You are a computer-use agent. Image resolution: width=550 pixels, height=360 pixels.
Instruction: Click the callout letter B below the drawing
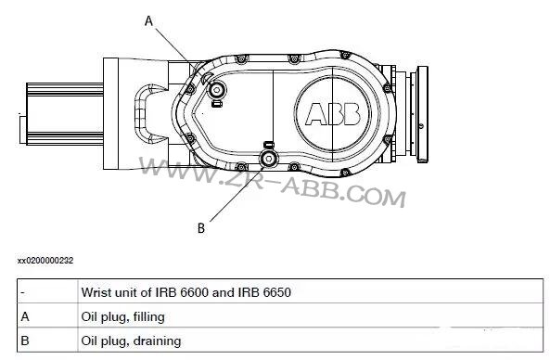(201, 225)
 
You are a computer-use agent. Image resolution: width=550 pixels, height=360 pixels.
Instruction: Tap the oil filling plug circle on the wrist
(216, 91)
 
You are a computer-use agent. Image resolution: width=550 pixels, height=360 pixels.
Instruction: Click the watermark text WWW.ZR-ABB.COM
(274, 181)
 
